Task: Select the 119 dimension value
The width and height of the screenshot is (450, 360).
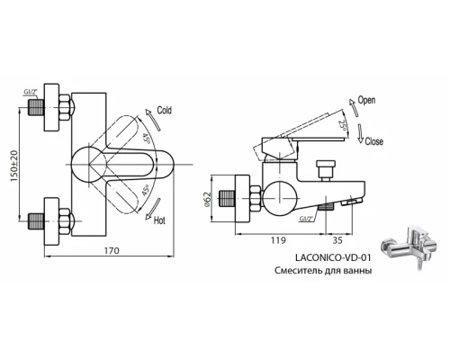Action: tap(280, 241)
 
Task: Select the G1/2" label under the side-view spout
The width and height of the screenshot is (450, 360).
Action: tap(309, 216)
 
